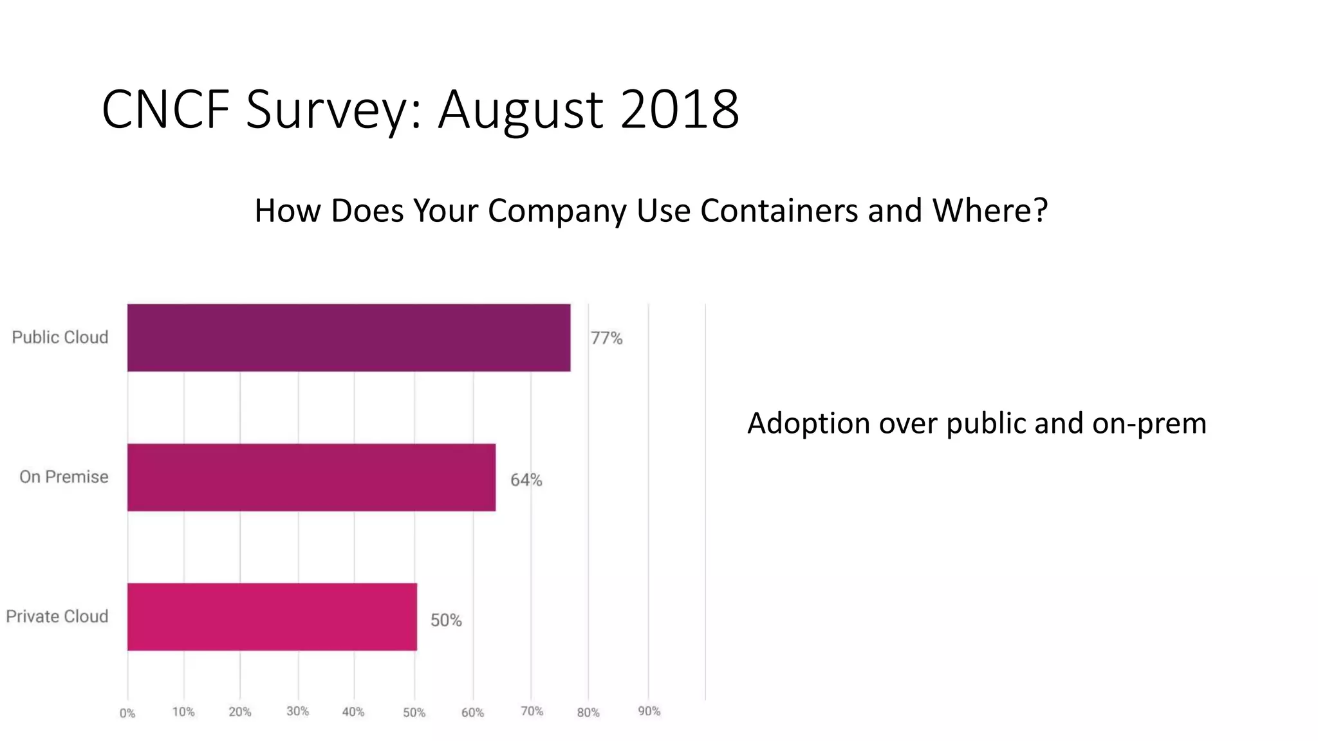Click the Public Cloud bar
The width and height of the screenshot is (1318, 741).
point(348,338)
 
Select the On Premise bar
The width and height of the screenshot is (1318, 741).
point(311,477)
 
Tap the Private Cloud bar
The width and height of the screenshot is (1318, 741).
point(272,617)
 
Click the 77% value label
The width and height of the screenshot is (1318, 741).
point(606,338)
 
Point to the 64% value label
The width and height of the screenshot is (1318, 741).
point(526,480)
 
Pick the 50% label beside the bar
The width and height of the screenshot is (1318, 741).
point(446,620)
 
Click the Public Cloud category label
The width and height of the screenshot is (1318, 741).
point(60,337)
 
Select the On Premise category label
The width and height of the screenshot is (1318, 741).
point(64,477)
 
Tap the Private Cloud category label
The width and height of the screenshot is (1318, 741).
point(57,616)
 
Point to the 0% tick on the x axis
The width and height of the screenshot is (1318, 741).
point(127,713)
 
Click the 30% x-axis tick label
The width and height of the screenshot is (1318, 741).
point(297,711)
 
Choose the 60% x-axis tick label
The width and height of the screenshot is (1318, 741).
point(472,713)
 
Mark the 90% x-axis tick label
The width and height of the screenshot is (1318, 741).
point(649,711)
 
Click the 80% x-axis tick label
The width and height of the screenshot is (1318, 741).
point(588,713)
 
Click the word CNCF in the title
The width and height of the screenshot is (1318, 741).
point(165,109)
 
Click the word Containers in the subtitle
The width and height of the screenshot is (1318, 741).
point(779,210)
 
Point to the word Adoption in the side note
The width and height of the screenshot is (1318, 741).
point(808,424)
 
